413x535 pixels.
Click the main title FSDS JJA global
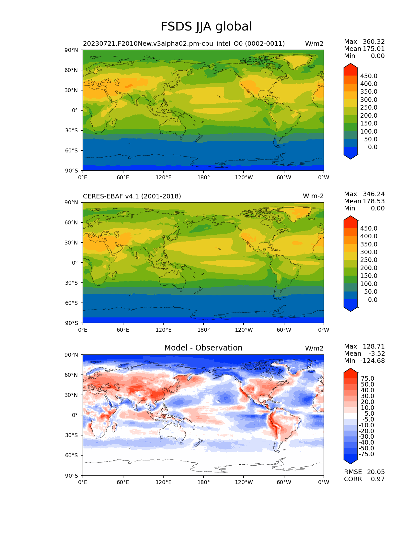(x=206, y=27)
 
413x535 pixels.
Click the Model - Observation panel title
(x=203, y=348)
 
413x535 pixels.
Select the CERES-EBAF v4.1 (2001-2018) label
(x=132, y=196)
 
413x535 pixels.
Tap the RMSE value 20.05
(x=376, y=472)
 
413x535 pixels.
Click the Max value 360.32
(x=373, y=42)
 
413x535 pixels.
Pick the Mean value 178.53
(x=373, y=201)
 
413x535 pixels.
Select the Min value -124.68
(x=373, y=361)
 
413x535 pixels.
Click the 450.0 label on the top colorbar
(x=369, y=76)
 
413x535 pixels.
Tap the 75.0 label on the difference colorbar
(x=368, y=378)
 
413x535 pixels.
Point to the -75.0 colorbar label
(x=366, y=454)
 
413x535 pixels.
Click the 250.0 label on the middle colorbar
(x=369, y=260)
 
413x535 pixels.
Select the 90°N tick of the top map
(x=72, y=50)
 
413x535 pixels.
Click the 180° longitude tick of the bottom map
(x=203, y=482)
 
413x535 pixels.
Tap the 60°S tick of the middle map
(x=72, y=303)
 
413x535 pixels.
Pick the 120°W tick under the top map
(x=244, y=177)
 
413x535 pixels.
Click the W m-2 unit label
(x=313, y=196)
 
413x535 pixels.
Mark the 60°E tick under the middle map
(x=123, y=330)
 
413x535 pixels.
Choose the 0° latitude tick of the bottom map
(x=75, y=415)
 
